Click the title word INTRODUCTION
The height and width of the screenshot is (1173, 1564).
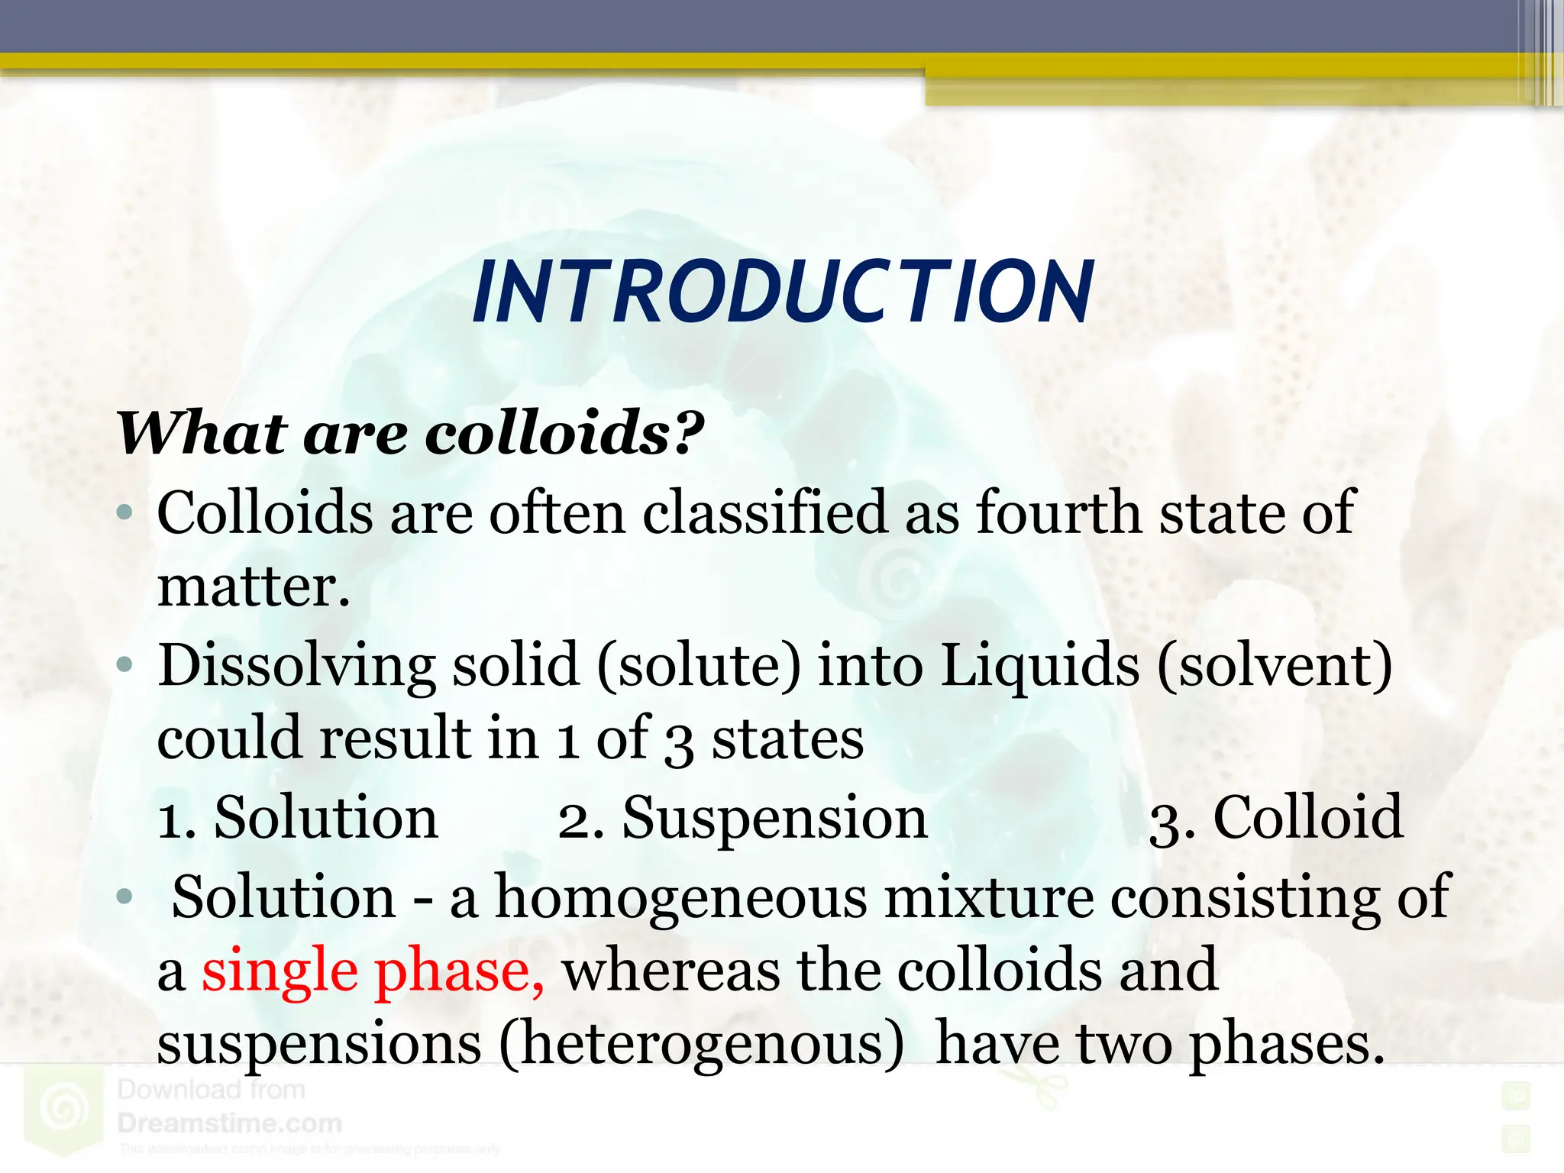point(783,292)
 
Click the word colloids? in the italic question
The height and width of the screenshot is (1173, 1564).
point(564,433)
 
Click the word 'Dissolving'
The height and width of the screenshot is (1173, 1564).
point(296,666)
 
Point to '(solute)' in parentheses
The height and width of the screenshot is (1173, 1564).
point(699,666)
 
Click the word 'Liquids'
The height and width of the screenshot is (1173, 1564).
point(1039,666)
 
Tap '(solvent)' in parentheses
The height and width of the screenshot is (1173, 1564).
point(1275,666)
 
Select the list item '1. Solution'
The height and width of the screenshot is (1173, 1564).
point(298,818)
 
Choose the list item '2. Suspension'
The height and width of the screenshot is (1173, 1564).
point(742,818)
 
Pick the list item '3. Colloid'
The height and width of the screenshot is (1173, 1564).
point(1275,818)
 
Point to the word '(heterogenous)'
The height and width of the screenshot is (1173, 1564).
point(701,1044)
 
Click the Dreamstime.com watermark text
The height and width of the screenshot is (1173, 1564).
point(229,1123)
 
